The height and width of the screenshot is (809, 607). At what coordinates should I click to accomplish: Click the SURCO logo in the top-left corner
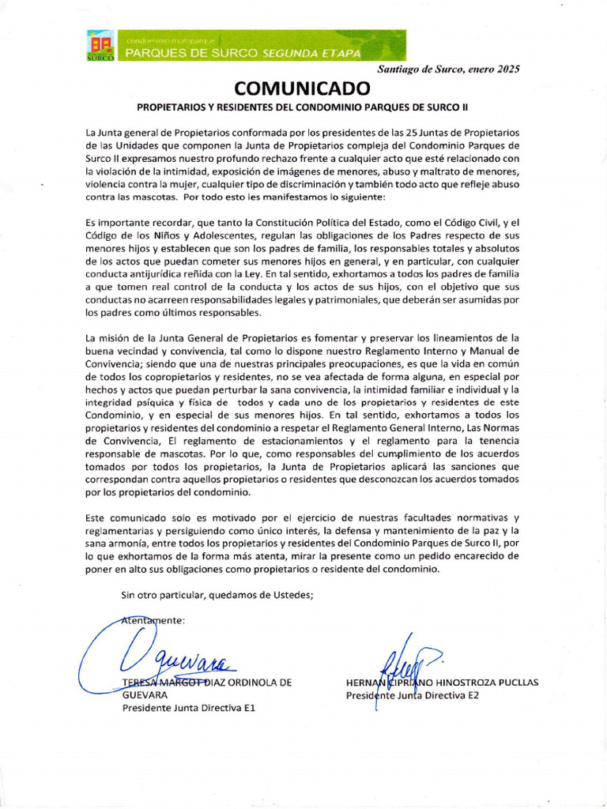100,47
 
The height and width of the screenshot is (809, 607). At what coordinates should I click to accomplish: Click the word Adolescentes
216,235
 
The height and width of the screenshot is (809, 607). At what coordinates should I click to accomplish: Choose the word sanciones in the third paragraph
473,466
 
